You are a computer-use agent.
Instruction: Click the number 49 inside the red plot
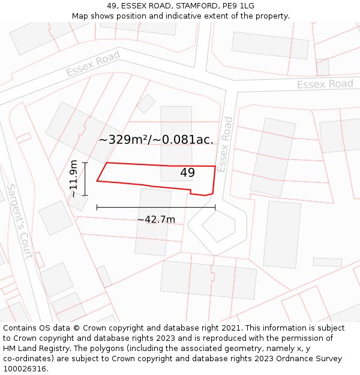tap(187, 173)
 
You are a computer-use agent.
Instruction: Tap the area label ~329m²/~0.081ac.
tap(156, 140)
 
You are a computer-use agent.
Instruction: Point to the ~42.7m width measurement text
tap(156, 220)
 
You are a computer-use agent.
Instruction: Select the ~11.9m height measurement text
tap(73, 179)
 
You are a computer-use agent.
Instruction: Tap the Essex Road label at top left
tap(93, 64)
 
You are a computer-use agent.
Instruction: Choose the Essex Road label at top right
tap(325, 84)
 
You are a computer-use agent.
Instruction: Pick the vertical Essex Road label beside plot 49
tap(226, 144)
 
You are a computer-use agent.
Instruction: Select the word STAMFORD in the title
tap(197, 5)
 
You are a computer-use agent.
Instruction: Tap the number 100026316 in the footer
tap(24, 368)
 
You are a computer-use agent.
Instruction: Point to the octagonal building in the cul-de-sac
tap(218, 226)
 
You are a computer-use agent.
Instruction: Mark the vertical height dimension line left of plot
tap(85, 179)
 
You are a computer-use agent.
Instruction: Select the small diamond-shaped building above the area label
tap(146, 103)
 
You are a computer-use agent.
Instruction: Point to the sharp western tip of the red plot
tap(97, 181)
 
